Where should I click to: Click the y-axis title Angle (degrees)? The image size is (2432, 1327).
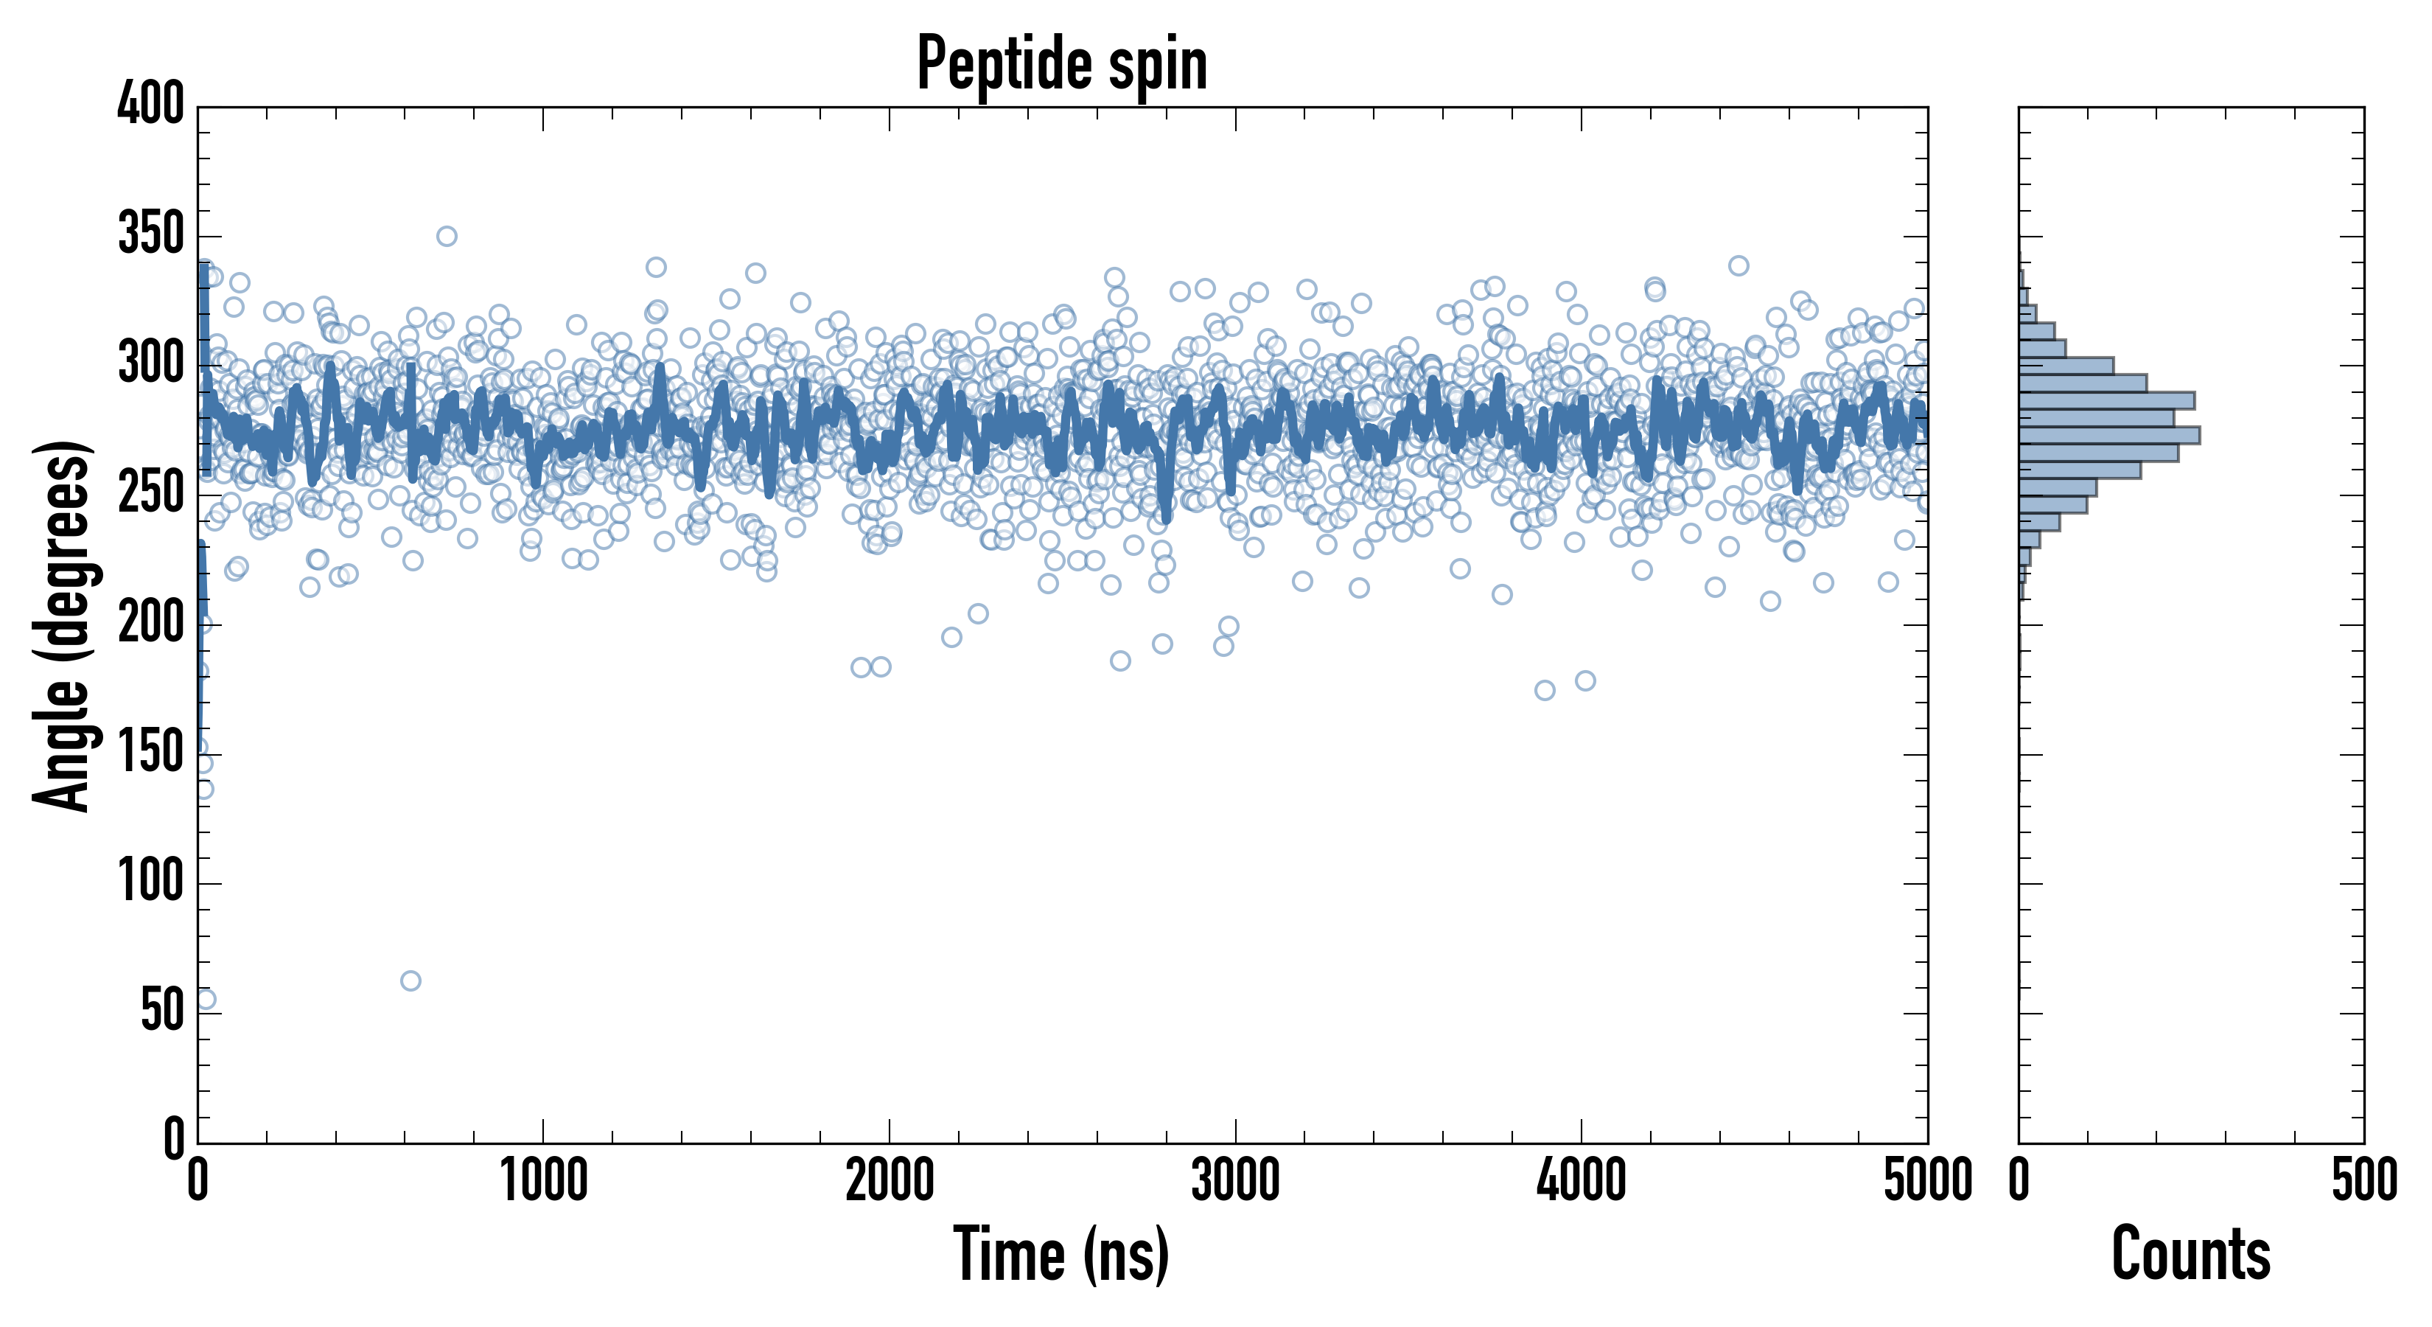63,625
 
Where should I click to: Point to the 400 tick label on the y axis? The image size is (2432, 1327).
151,104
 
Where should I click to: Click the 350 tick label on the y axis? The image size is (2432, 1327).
151,234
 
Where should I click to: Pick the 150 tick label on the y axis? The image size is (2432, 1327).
151,753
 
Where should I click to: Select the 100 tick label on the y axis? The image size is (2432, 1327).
151,883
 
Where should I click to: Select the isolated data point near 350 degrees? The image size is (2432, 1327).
447,236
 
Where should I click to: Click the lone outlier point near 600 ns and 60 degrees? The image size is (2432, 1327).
410,981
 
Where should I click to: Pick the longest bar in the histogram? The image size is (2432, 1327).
2109,436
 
